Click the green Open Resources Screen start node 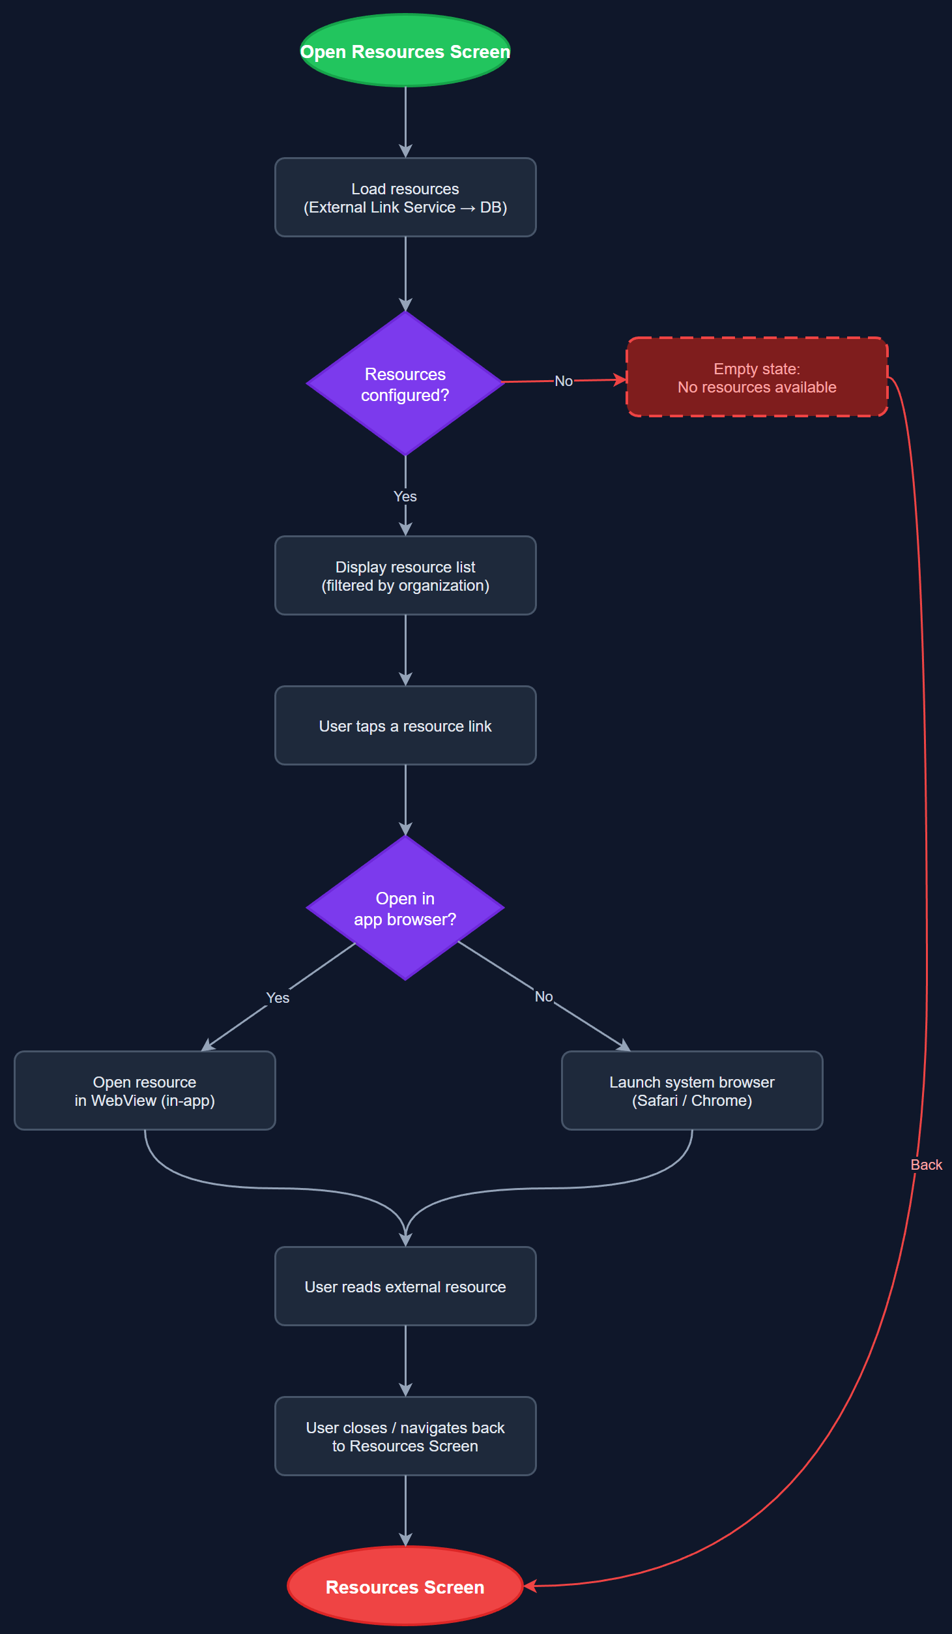[x=405, y=51]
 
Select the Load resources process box [x=405, y=198]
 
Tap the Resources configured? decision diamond [x=405, y=384]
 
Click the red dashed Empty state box [x=757, y=378]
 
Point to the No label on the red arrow [x=563, y=381]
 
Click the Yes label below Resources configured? [x=405, y=496]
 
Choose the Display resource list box [x=405, y=576]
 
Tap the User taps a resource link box [x=405, y=726]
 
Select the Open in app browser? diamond [x=405, y=908]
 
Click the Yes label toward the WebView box [x=278, y=998]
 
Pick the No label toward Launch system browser [x=543, y=996]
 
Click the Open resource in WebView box [x=145, y=1091]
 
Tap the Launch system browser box [x=691, y=1091]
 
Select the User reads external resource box [x=405, y=1286]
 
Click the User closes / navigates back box [x=405, y=1436]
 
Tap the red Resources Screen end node [x=405, y=1586]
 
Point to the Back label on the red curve [x=926, y=1165]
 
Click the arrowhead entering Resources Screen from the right [x=530, y=1586]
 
